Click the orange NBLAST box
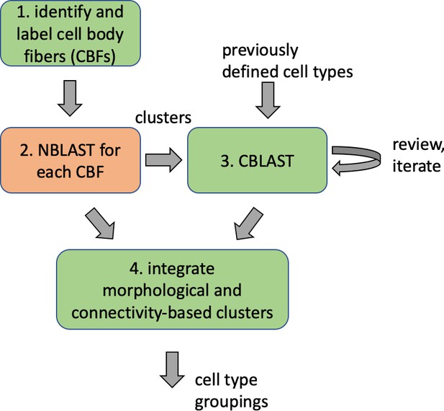click(71, 160)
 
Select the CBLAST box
click(257, 160)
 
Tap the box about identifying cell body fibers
click(71, 33)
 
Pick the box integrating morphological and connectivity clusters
click(172, 289)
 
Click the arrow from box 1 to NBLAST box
click(70, 98)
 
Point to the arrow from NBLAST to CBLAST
click(163, 160)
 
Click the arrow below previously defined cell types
click(268, 100)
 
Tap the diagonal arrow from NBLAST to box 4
click(101, 224)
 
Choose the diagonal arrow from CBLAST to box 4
click(248, 224)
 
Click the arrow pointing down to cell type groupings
click(172, 370)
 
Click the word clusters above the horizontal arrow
click(163, 118)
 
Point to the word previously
click(260, 51)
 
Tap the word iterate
click(417, 166)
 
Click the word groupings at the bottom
click(231, 402)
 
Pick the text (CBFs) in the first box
click(92, 56)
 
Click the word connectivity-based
click(142, 312)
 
